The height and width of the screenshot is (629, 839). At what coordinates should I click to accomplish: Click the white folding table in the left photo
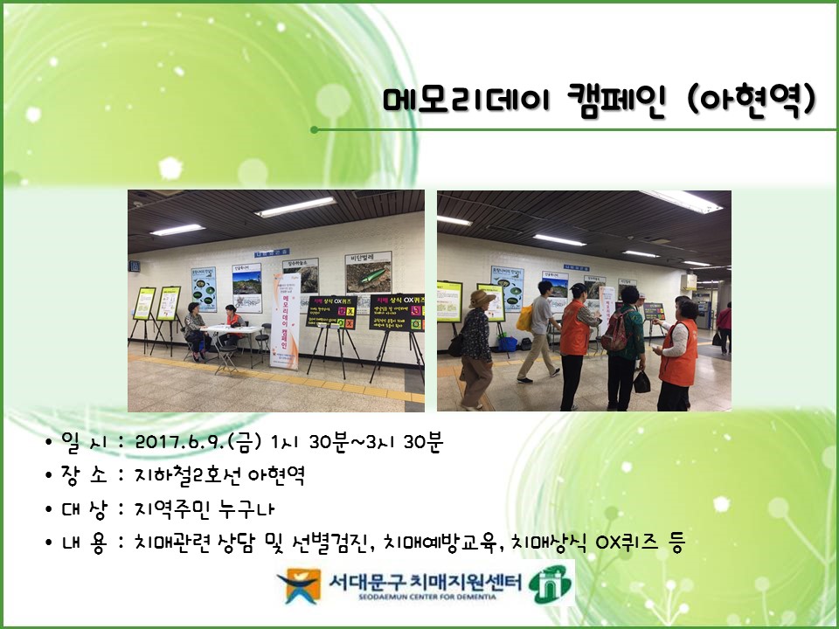[235, 331]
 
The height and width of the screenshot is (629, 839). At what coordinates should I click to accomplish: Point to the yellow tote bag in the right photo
[525, 318]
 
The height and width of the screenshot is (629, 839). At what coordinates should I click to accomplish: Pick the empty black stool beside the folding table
[264, 336]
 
